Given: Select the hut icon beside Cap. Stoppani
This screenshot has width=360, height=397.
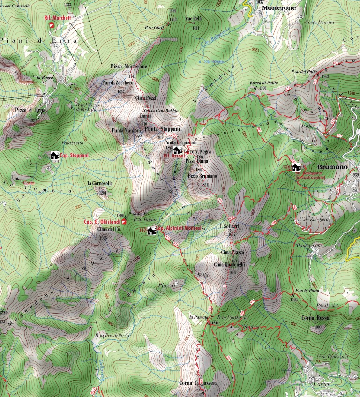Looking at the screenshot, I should coord(54,155).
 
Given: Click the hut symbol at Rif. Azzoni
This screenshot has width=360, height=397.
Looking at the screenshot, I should coord(177,150).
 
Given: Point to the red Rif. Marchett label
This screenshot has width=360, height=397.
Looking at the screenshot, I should coord(57,18).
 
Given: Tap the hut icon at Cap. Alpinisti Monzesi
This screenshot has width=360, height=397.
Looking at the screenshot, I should coord(151,231).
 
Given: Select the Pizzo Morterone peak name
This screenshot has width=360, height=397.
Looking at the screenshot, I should coord(129,67).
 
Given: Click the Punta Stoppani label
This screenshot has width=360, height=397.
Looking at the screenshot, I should coord(162,128).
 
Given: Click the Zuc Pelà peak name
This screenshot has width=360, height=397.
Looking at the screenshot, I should coord(194,19).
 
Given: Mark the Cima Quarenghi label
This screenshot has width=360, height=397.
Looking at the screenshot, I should coord(229,265).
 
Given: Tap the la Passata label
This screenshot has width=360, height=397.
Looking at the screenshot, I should coord(199,317).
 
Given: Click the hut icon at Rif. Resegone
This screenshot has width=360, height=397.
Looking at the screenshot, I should coord(296,167).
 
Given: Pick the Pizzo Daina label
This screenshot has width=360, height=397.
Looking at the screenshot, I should coord(197,161).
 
